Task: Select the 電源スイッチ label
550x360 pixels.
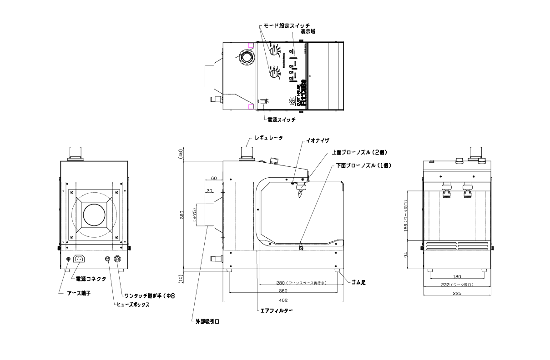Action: tap(281, 120)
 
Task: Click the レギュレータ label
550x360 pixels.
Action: tap(268, 137)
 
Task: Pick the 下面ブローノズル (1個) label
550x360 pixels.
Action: tap(363, 165)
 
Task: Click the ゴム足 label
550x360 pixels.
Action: tap(358, 282)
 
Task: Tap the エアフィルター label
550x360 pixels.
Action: tap(276, 311)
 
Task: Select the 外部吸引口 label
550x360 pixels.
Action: tap(207, 321)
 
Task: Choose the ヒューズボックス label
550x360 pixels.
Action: tap(133, 305)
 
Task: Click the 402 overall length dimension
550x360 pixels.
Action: tap(283, 300)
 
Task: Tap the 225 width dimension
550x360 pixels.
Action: tap(457, 294)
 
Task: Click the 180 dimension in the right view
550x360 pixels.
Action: tap(457, 276)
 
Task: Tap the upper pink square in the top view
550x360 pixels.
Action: tap(251, 45)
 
